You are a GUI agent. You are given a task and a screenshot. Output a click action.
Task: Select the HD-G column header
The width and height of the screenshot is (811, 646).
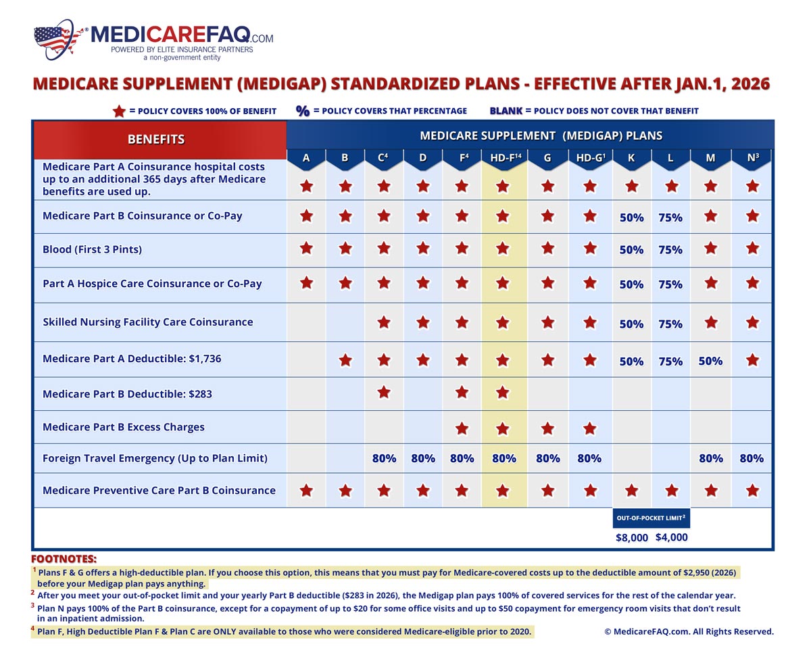(589, 158)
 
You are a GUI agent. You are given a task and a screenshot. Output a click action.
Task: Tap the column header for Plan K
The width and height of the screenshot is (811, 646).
(631, 158)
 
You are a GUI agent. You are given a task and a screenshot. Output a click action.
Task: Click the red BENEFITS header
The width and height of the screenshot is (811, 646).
(156, 139)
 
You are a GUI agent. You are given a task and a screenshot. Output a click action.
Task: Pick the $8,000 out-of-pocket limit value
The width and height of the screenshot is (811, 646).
(632, 538)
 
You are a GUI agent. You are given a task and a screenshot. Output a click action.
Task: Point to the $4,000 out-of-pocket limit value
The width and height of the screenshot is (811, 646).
(671, 538)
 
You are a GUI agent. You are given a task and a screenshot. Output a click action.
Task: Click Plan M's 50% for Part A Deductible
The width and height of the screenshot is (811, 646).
(710, 361)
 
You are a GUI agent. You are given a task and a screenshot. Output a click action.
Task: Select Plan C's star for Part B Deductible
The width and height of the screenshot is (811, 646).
(384, 392)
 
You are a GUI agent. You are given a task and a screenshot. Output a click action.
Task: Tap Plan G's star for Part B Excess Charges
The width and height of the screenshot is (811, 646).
(547, 428)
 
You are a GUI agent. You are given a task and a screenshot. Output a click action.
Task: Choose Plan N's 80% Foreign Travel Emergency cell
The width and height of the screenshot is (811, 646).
(752, 458)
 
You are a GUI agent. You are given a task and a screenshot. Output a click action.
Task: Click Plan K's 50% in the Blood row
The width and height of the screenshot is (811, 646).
(631, 250)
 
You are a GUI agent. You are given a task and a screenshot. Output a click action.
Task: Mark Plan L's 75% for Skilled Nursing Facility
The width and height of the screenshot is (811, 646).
(670, 324)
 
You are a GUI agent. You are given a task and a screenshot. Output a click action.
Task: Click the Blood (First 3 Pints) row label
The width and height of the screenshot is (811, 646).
(93, 249)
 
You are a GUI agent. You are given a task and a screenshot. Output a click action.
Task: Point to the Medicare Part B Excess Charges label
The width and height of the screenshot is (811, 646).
(124, 427)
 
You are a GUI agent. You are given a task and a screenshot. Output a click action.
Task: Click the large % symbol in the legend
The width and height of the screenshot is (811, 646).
(303, 111)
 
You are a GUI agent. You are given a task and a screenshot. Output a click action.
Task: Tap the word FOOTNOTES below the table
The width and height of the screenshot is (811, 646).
(64, 559)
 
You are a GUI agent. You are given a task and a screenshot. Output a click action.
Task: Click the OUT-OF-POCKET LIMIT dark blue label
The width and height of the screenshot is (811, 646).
(651, 518)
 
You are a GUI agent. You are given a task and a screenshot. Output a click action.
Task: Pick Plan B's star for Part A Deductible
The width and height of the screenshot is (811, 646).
(345, 360)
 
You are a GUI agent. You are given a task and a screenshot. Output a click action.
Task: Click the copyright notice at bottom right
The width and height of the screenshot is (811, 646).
(689, 631)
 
